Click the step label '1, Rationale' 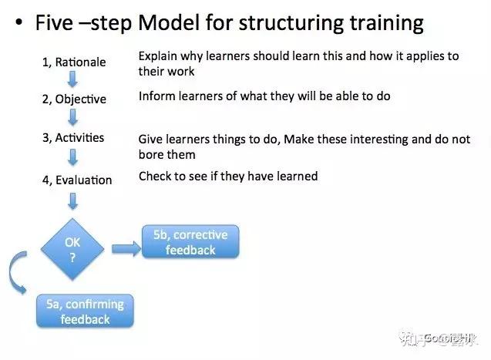click(x=74, y=62)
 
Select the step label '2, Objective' click(x=74, y=99)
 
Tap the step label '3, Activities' click(x=74, y=138)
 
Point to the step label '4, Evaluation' click(x=77, y=180)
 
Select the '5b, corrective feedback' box click(x=190, y=242)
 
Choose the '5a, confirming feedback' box click(x=85, y=311)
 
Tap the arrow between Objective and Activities click(x=72, y=117)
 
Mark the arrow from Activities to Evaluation click(x=72, y=157)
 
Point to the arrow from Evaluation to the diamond click(x=72, y=200)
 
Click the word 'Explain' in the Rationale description click(x=159, y=57)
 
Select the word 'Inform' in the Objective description click(x=156, y=96)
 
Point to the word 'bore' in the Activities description click(x=152, y=154)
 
